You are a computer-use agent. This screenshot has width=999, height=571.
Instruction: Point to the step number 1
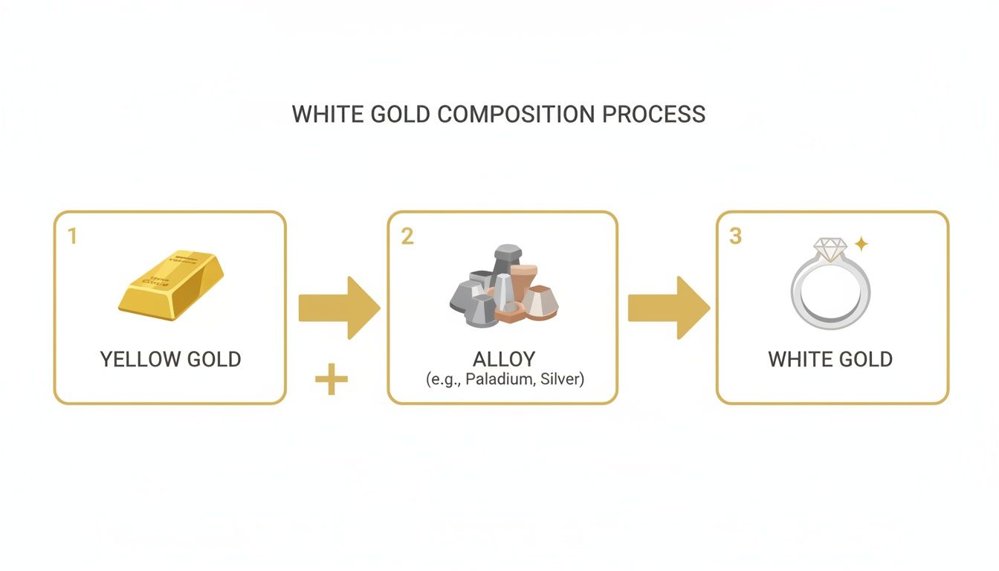(72, 236)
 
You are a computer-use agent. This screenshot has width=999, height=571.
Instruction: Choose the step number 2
(407, 236)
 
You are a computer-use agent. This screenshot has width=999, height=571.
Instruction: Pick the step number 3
(735, 236)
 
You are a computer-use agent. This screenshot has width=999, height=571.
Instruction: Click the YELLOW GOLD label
(170, 359)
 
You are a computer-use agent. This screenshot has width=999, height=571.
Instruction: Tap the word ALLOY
(503, 359)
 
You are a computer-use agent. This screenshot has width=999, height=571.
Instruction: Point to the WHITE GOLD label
(830, 359)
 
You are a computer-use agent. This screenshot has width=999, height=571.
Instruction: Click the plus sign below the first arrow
(332, 380)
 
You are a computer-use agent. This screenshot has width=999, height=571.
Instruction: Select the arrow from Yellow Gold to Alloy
(338, 308)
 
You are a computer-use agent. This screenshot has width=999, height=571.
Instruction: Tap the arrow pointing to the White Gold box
(668, 308)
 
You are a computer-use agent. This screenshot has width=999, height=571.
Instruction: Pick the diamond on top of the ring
(830, 248)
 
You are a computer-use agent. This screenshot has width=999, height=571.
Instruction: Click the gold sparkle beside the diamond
(861, 243)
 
